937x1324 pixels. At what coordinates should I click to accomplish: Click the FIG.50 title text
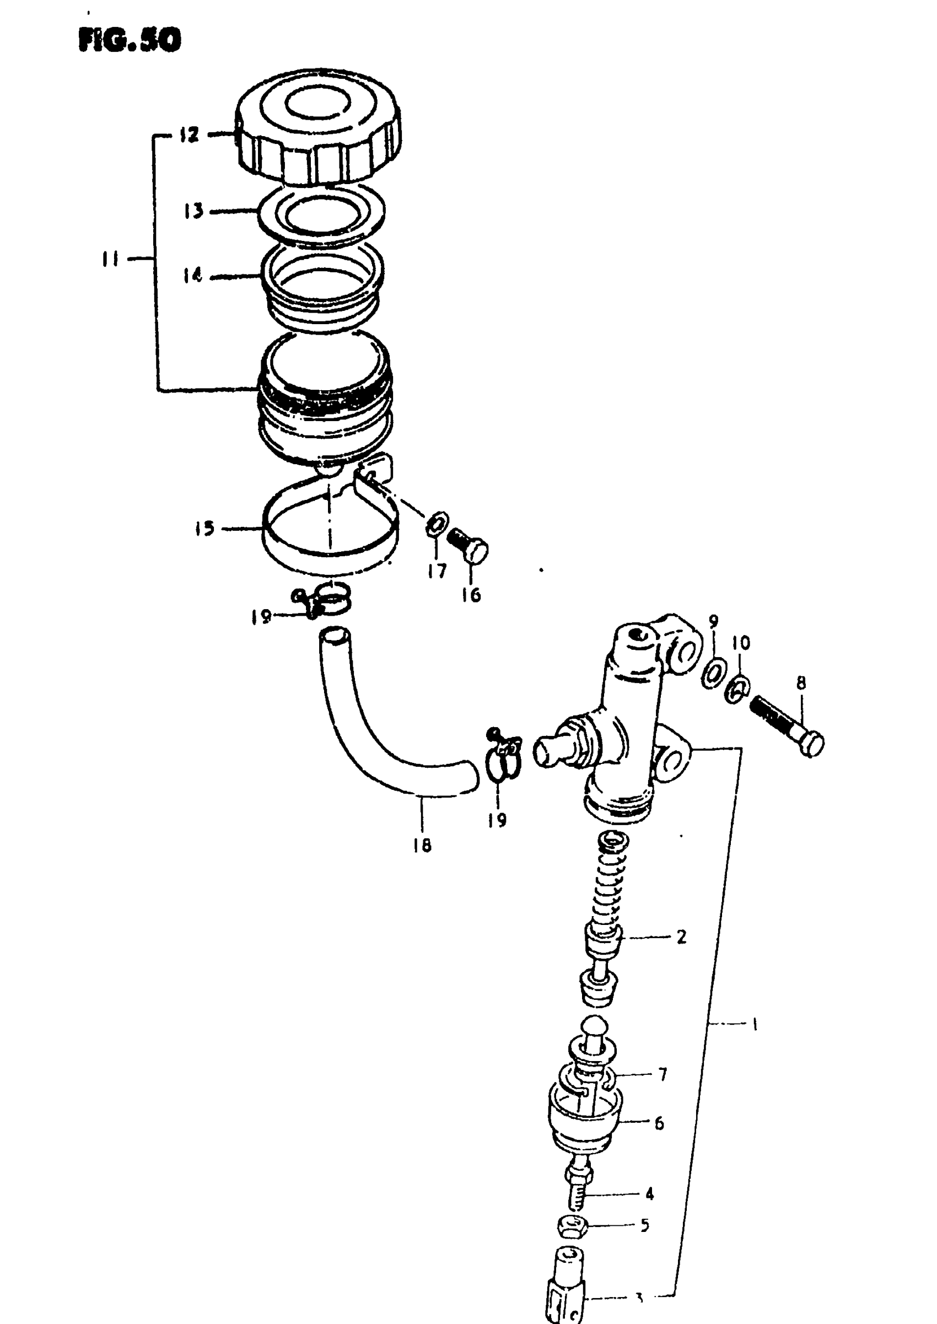[x=129, y=40]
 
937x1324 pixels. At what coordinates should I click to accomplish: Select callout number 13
[x=194, y=211]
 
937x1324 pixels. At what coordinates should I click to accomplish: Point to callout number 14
[x=193, y=276]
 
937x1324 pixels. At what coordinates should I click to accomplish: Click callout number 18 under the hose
[x=422, y=846]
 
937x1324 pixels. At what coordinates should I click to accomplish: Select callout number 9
[x=714, y=621]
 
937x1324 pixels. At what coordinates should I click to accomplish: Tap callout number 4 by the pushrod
[x=649, y=1193]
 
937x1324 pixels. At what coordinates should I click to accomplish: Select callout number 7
[x=663, y=1074]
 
